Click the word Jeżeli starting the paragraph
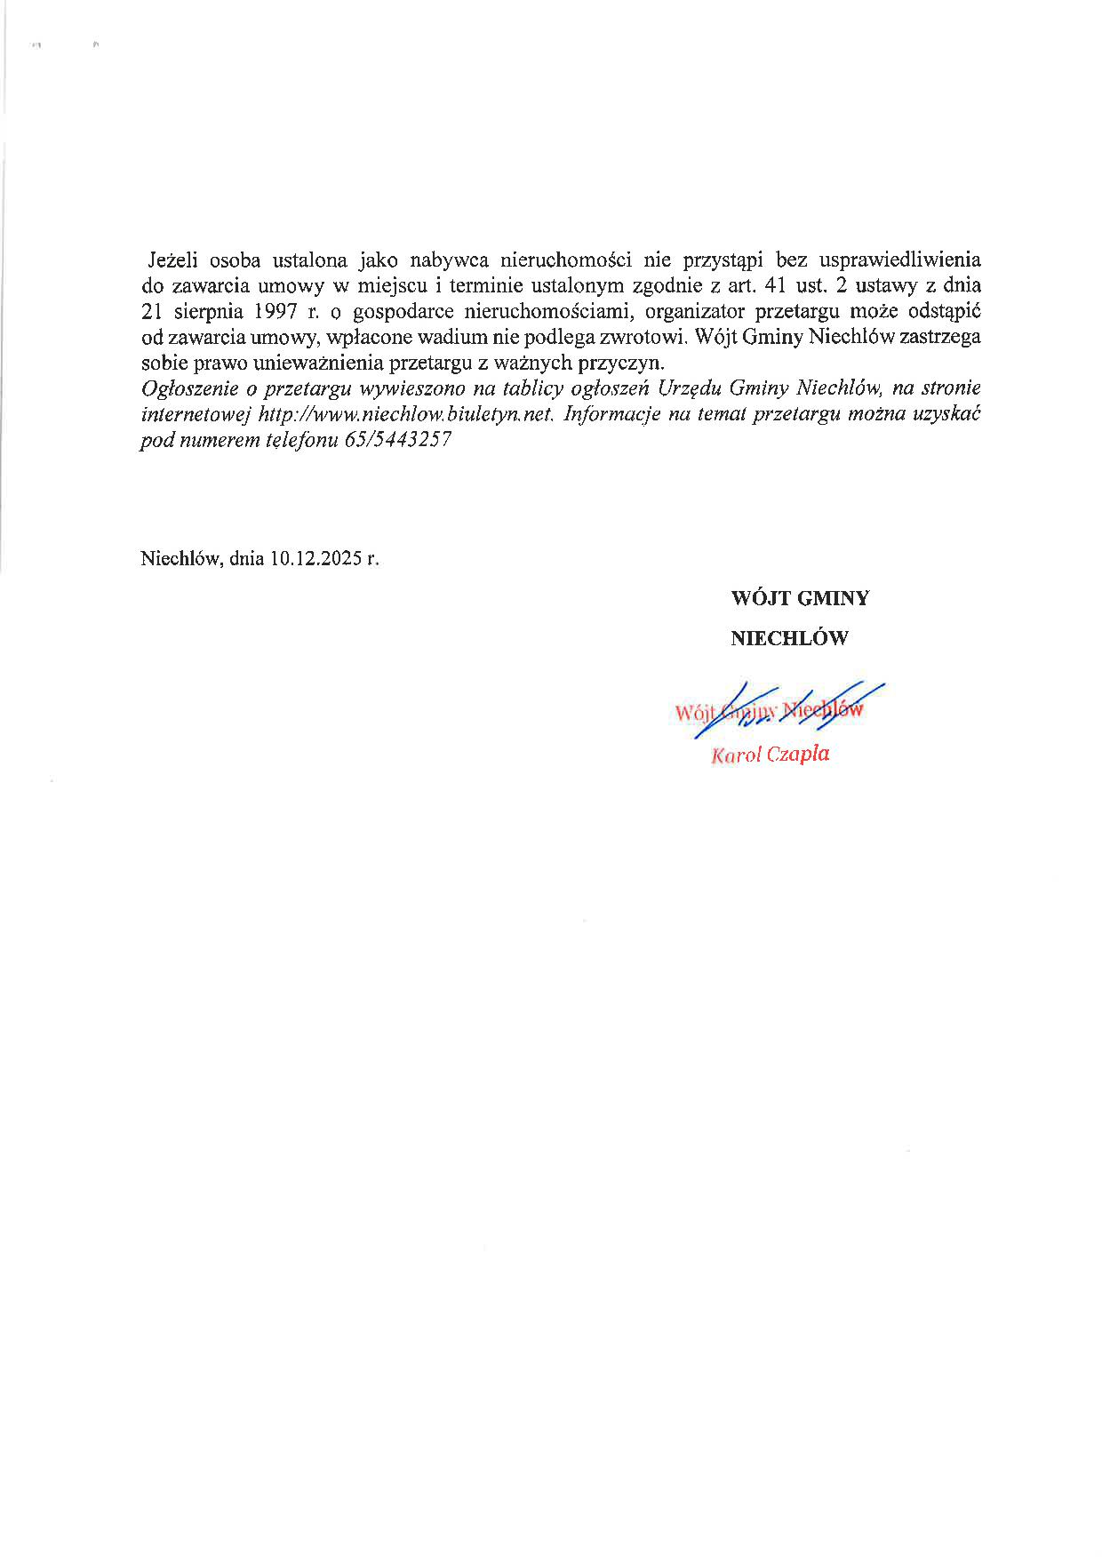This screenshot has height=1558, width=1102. click(173, 260)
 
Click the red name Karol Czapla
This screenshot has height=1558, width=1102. click(770, 755)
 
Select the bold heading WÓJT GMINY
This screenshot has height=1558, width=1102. click(800, 598)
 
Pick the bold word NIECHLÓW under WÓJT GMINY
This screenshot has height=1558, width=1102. click(789, 638)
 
